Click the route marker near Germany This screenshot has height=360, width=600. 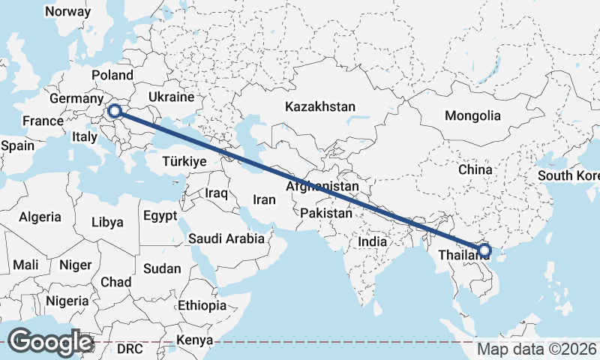[115, 112]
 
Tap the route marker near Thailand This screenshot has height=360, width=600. [484, 250]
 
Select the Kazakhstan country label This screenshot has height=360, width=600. [319, 107]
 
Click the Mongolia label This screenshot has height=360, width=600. [472, 116]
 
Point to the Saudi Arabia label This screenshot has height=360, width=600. [226, 238]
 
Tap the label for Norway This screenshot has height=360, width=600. [68, 11]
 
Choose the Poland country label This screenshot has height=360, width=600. [112, 75]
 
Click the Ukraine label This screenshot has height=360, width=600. [171, 97]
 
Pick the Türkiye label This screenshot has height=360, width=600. [184, 161]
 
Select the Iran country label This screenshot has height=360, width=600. [265, 199]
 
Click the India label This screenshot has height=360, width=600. [372, 241]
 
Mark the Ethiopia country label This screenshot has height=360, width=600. [202, 305]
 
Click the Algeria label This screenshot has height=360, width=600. [40, 217]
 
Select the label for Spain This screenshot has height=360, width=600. [18, 145]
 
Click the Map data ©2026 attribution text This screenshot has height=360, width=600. [537, 349]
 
